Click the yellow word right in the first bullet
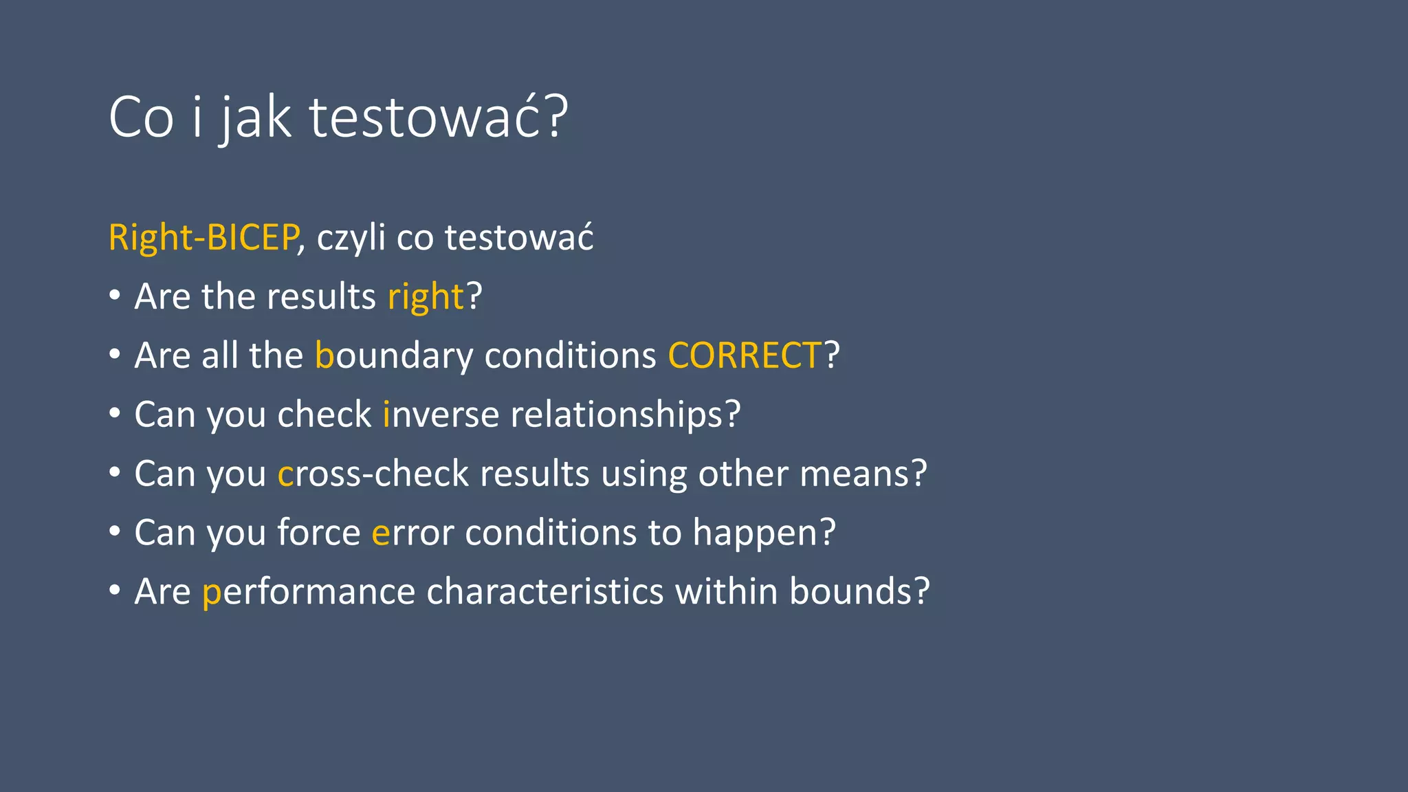pyautogui.click(x=426, y=298)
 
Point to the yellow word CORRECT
pyautogui.click(x=745, y=356)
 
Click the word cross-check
pyautogui.click(x=373, y=474)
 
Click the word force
pyautogui.click(x=319, y=533)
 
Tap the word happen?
pyautogui.click(x=764, y=533)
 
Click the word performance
pyautogui.click(x=309, y=592)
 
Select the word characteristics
pyautogui.click(x=545, y=592)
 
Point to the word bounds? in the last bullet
pyautogui.click(x=859, y=592)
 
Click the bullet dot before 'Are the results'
pyautogui.click(x=115, y=296)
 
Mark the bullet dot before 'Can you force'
pyautogui.click(x=115, y=531)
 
